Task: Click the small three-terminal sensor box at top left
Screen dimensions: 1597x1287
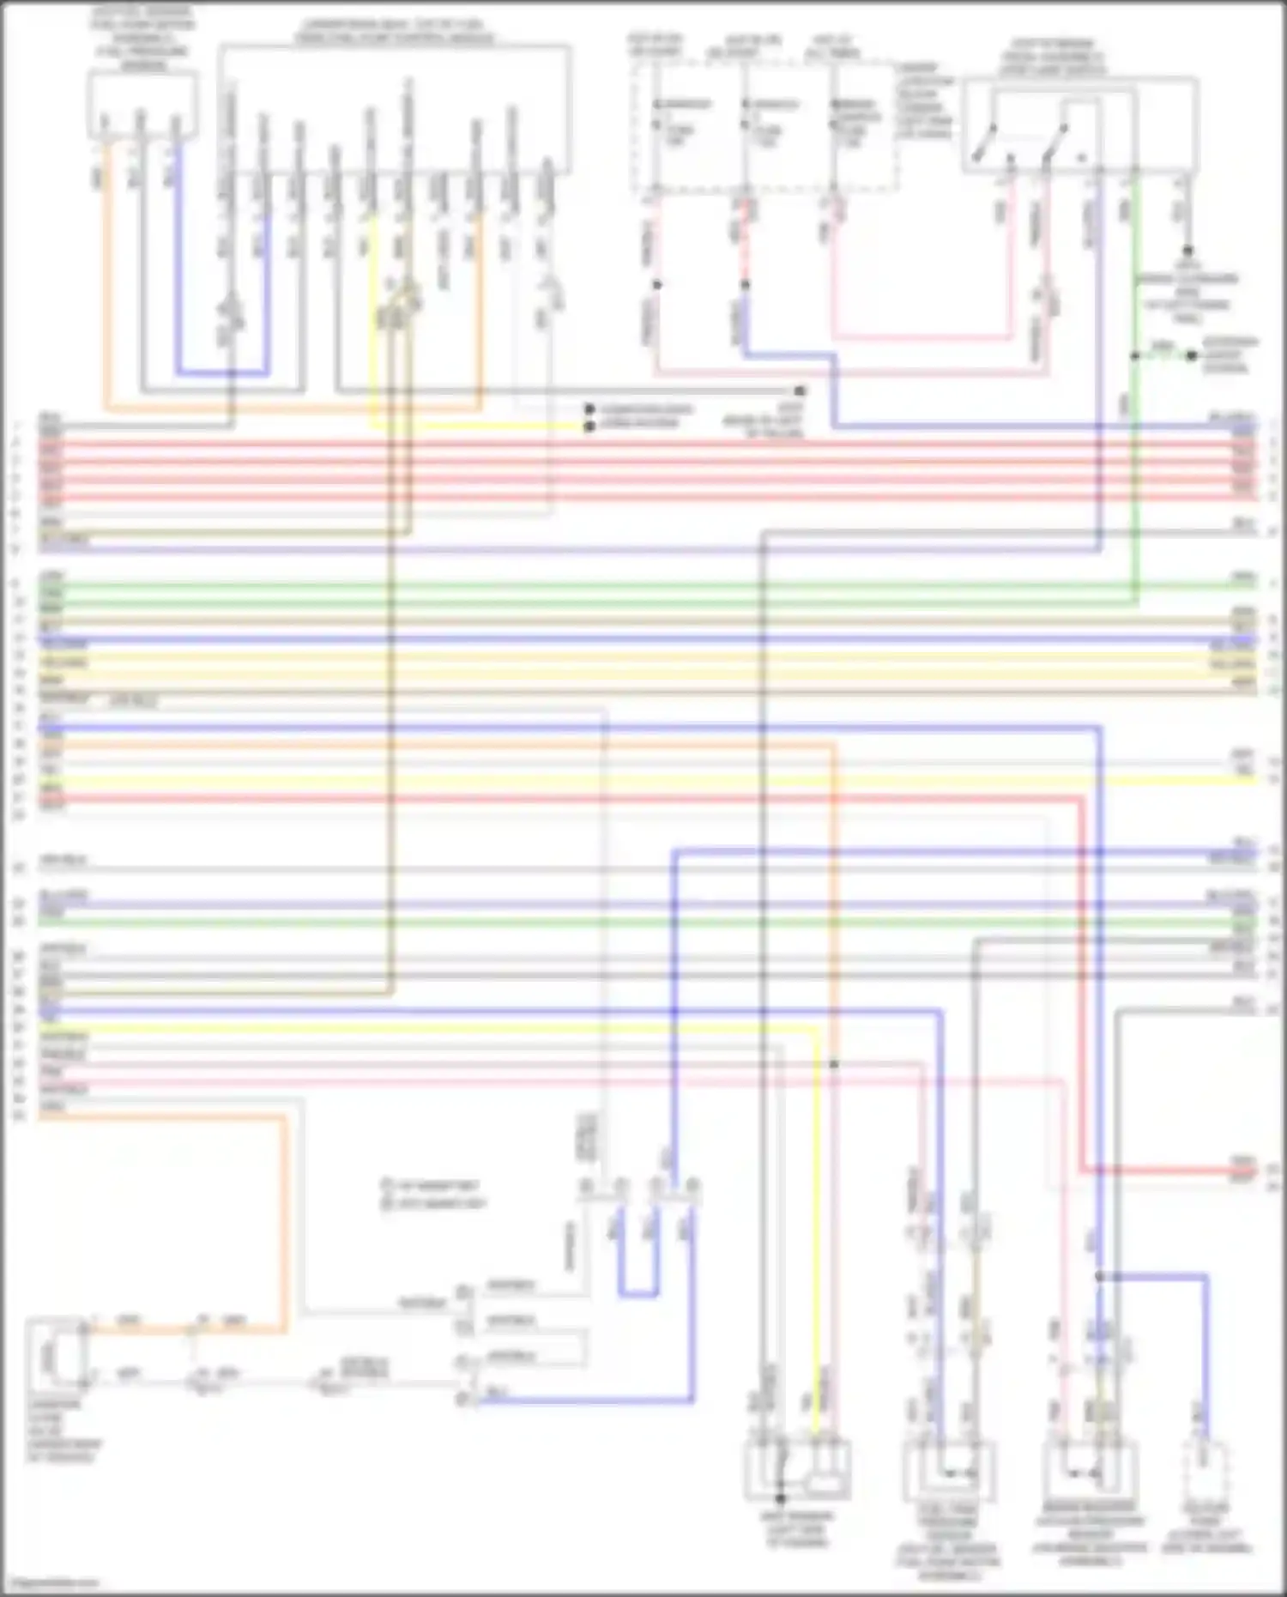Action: tap(142, 105)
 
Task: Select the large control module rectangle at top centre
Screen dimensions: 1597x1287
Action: tap(394, 108)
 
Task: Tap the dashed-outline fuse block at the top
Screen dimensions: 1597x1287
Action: tap(764, 124)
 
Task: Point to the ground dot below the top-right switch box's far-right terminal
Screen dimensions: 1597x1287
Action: tap(1187, 251)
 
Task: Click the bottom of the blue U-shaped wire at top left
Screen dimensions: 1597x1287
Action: tap(222, 373)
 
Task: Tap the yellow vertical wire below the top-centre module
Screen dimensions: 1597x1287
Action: tap(372, 326)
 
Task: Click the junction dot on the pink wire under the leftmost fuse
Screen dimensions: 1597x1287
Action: tap(657, 284)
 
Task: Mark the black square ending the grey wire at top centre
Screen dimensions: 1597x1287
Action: tap(800, 390)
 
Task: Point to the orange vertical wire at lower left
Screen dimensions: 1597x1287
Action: tap(284, 1219)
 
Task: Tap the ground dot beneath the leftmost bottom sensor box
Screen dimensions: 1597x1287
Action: tap(780, 1498)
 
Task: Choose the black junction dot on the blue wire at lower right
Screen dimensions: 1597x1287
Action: tap(1099, 1277)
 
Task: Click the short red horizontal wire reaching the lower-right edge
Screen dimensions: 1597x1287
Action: tap(1167, 1170)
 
